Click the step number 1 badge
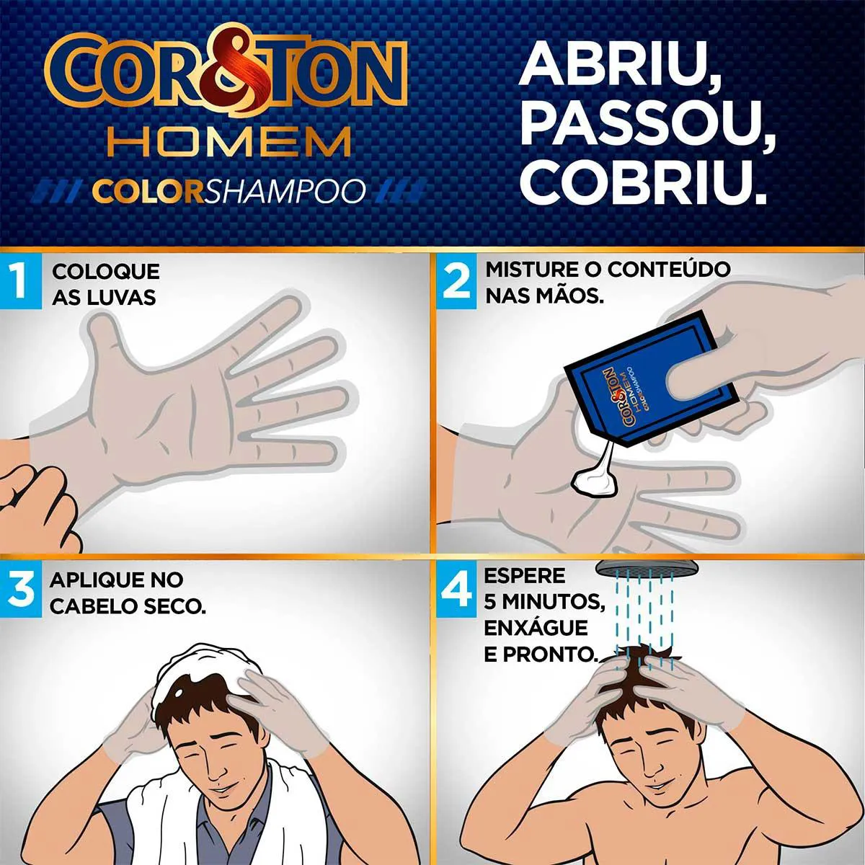(x=20, y=281)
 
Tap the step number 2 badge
(x=456, y=281)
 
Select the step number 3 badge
(x=20, y=590)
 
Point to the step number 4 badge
(x=456, y=590)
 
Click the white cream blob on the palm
(x=595, y=480)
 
